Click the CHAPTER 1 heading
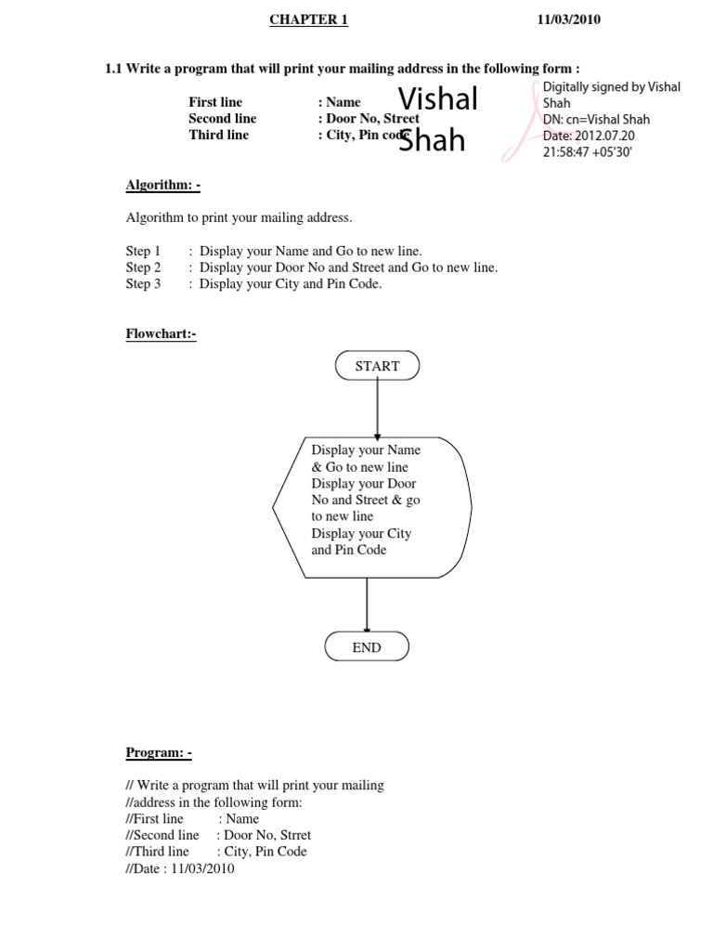tap(308, 20)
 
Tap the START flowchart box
tap(377, 366)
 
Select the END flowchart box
tap(367, 647)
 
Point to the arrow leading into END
tap(368, 604)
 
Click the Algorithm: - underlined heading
tap(163, 185)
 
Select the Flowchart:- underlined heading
tap(161, 333)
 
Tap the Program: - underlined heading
tap(159, 752)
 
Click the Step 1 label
tap(143, 251)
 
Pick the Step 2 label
tap(143, 267)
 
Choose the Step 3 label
tap(143, 284)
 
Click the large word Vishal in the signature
tap(437, 98)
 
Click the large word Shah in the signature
tap(432, 141)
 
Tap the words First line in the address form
tap(215, 102)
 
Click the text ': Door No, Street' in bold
tap(368, 119)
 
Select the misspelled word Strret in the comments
tap(292, 835)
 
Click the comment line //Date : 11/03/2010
tap(180, 869)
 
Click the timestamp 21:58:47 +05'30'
tap(587, 152)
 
